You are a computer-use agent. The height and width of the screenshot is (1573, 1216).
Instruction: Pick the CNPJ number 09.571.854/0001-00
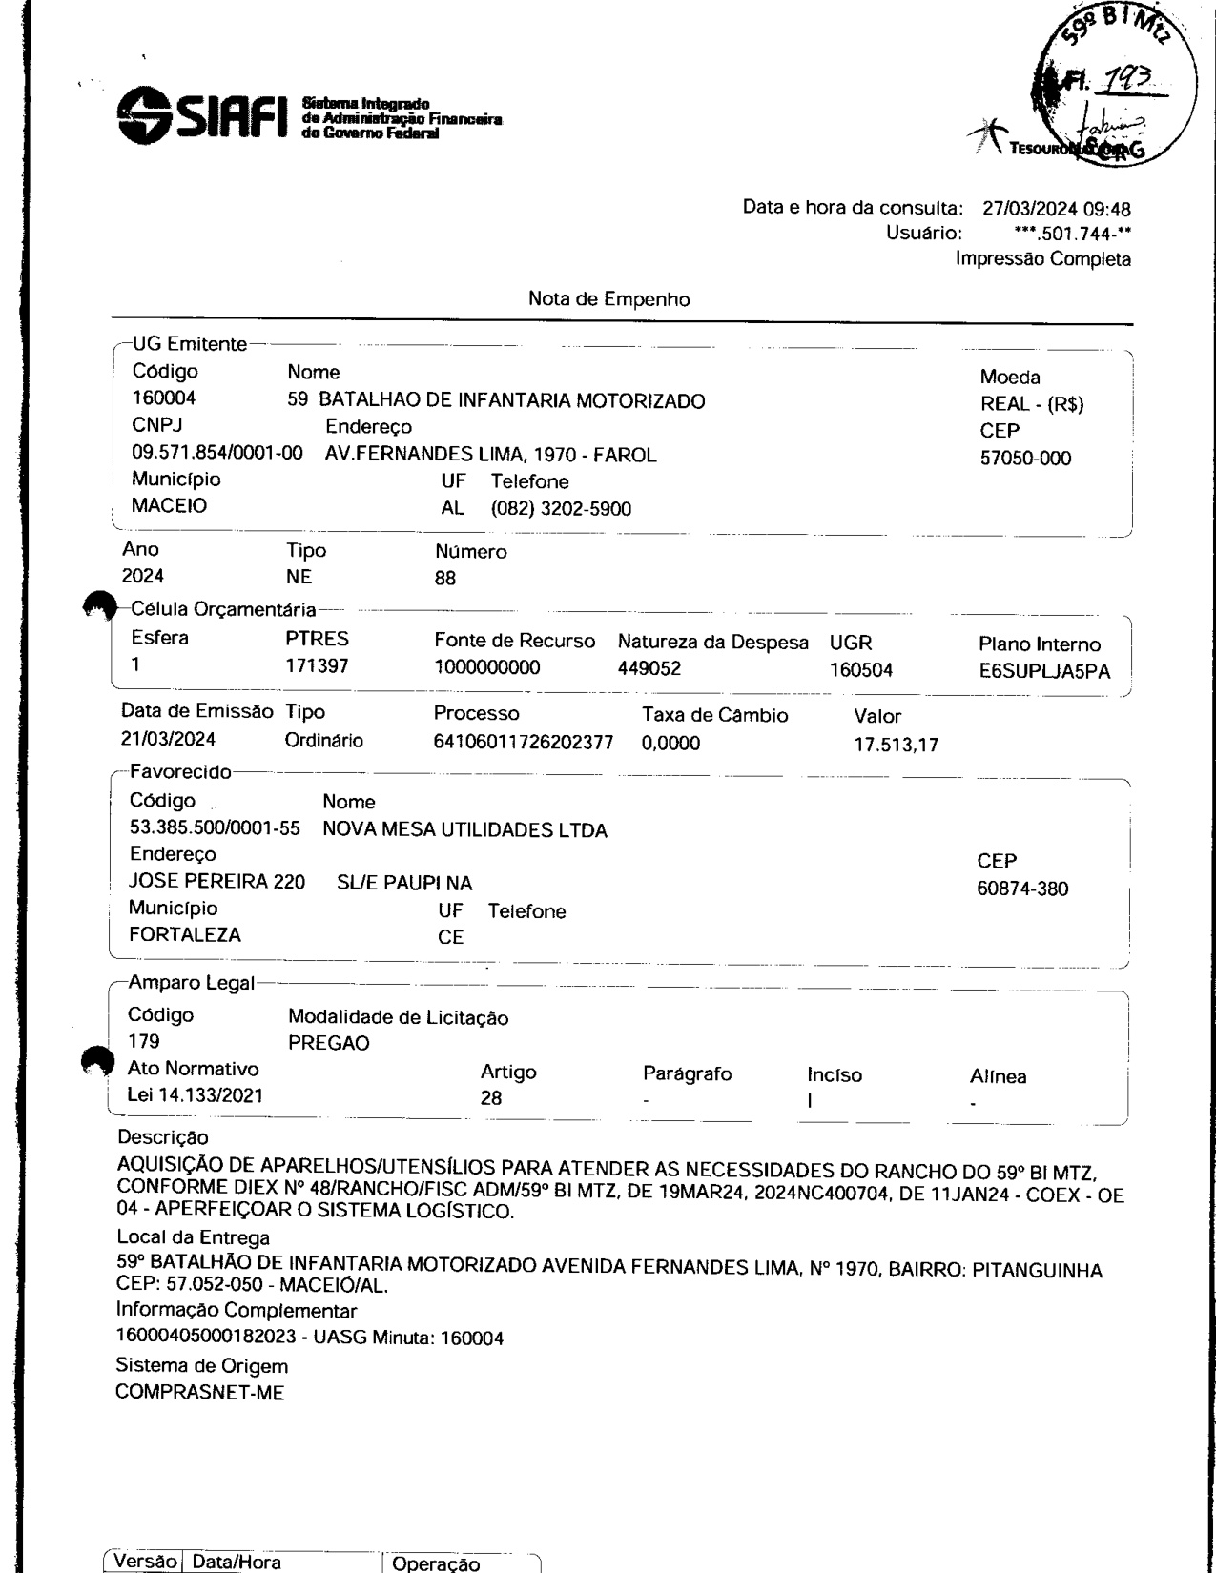coord(217,455)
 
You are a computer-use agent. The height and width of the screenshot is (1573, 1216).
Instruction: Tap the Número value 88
coord(445,579)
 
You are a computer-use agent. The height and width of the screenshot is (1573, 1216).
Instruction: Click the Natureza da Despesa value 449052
coord(649,669)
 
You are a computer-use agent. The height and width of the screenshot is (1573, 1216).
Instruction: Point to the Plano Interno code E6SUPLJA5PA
coord(1039,671)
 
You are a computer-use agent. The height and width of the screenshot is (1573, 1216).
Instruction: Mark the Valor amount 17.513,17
coord(897,746)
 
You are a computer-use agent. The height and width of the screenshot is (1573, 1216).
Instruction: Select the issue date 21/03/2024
coord(169,740)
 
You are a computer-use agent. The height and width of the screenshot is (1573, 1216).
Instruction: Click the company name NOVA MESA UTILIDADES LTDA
coord(464,830)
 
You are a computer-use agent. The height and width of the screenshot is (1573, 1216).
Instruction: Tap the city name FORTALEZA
coord(185,935)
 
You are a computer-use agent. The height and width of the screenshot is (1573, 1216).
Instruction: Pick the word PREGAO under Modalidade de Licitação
coord(328,1043)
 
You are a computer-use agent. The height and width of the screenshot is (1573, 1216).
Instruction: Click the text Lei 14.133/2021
coord(196,1096)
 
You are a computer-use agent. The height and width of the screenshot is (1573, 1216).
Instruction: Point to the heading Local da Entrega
coord(194,1237)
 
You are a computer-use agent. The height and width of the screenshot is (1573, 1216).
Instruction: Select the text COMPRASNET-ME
coord(200,1393)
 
